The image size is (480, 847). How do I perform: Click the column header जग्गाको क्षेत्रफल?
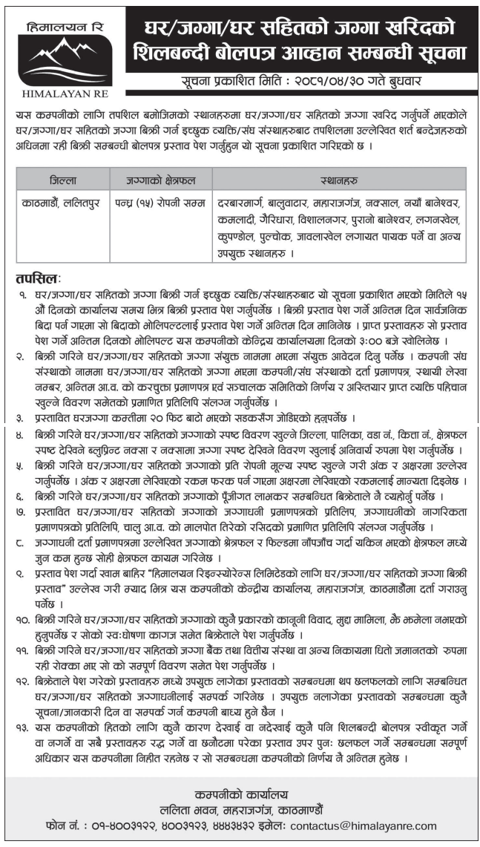click(x=159, y=179)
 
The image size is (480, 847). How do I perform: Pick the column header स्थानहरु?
click(x=338, y=179)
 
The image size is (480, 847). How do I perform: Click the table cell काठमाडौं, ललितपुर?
click(x=63, y=202)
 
